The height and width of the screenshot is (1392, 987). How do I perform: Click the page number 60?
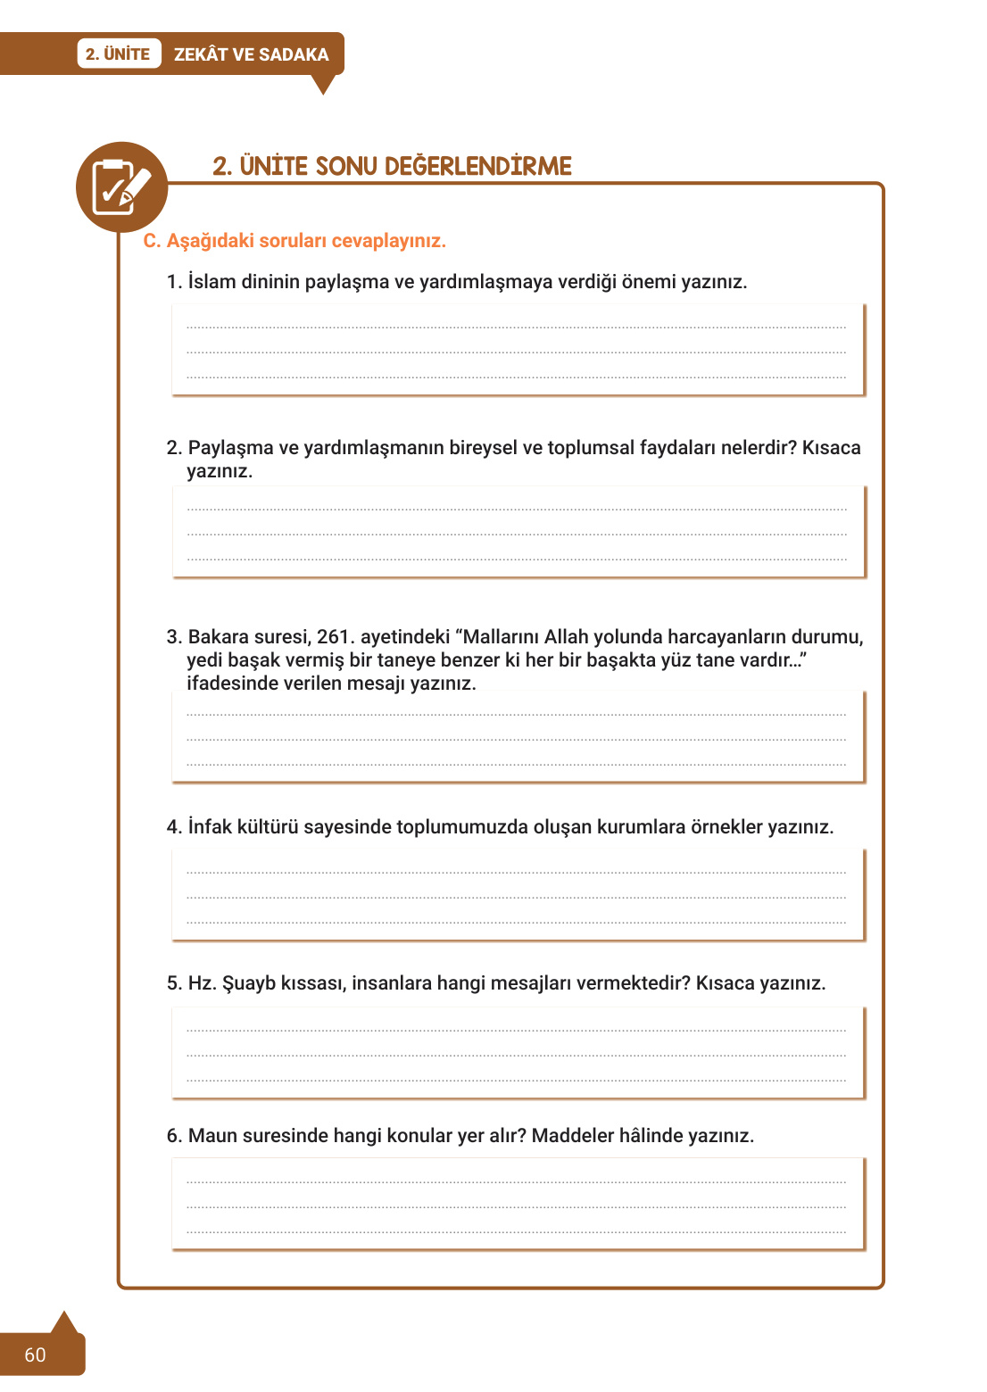(x=35, y=1355)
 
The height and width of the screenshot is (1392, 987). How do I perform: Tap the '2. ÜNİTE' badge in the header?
(x=118, y=54)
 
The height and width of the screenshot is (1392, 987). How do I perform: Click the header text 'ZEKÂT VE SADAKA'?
(x=251, y=54)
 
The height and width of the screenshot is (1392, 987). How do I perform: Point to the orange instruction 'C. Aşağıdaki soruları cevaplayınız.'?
(x=294, y=241)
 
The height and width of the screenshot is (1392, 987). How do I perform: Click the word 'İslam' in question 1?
(x=211, y=282)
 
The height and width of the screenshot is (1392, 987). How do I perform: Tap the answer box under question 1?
(x=518, y=350)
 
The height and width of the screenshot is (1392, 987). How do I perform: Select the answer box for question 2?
(x=518, y=532)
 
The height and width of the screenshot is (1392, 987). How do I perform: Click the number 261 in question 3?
(x=335, y=637)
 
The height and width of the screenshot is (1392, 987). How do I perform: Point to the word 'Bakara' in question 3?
(x=218, y=637)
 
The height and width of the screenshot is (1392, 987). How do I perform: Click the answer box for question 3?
(x=518, y=737)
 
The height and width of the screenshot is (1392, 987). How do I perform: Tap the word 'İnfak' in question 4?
(x=210, y=827)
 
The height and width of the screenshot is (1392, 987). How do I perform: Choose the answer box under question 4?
(x=518, y=895)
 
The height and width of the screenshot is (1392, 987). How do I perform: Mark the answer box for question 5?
(x=518, y=1053)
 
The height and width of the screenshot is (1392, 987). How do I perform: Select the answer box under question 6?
(x=518, y=1205)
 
